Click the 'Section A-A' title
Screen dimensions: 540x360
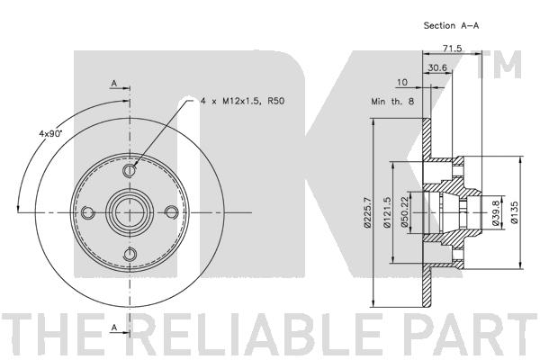pyautogui.click(x=451, y=25)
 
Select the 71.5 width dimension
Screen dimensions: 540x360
pyautogui.click(x=452, y=49)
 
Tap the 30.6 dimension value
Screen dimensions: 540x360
pyautogui.click(x=437, y=67)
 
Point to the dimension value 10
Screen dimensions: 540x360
pyautogui.click(x=402, y=82)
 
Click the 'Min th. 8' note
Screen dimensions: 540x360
pyautogui.click(x=392, y=102)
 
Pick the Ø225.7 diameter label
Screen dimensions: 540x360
pyautogui.click(x=367, y=212)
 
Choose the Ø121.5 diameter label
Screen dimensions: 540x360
pyautogui.click(x=387, y=212)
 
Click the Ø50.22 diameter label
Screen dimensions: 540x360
pyautogui.click(x=405, y=211)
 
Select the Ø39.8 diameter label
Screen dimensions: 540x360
pyautogui.click(x=496, y=213)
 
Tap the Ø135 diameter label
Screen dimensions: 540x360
pyautogui.click(x=515, y=212)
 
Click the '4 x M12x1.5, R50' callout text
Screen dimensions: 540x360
pyautogui.click(x=242, y=101)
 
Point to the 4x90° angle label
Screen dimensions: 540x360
pyautogui.click(x=49, y=133)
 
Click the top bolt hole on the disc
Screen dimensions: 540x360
pyautogui.click(x=130, y=170)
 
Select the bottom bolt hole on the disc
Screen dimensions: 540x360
pyautogui.click(x=130, y=256)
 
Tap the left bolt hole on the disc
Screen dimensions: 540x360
pyautogui.click(x=87, y=212)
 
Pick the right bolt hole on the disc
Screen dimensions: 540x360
pyautogui.click(x=172, y=212)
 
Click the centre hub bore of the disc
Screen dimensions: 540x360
pyautogui.click(x=130, y=212)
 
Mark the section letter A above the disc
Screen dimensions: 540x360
pyautogui.click(x=114, y=83)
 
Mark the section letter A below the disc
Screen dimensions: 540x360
pyautogui.click(x=114, y=328)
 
